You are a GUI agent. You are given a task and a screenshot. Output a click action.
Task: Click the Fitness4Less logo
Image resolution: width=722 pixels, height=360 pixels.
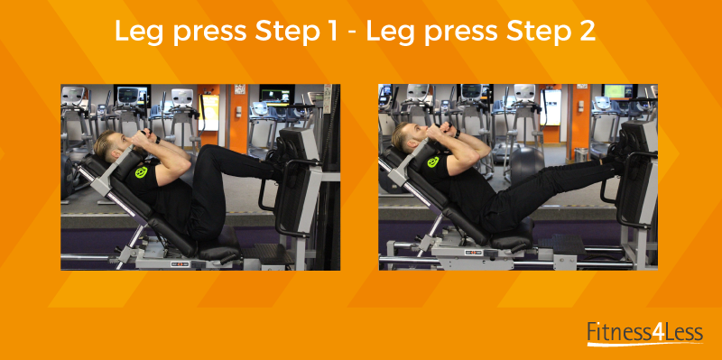645,333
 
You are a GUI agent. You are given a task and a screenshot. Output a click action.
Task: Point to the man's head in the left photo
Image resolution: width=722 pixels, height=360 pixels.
111,143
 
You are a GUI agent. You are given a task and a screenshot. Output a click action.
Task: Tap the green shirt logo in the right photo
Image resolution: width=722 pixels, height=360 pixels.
433,162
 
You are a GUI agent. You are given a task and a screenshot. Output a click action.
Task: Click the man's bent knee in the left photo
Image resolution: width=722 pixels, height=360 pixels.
216,153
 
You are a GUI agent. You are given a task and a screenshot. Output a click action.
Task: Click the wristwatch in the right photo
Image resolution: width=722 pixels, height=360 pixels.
457,134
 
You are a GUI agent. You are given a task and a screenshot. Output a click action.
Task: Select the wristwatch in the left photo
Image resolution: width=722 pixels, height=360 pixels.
157,139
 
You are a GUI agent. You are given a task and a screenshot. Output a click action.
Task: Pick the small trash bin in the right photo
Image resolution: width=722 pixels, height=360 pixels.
581,154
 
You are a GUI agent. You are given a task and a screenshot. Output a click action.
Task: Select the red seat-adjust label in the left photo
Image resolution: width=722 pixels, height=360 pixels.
180,263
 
